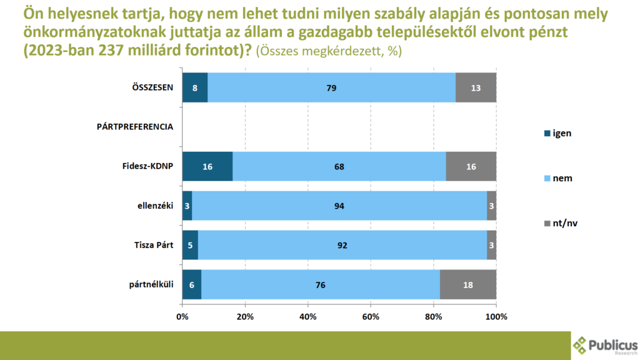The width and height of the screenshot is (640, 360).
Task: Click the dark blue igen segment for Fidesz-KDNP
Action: [x=207, y=166]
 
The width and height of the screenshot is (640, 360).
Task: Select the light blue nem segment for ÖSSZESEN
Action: [x=331, y=87]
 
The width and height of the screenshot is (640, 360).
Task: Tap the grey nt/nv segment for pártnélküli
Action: [x=468, y=284]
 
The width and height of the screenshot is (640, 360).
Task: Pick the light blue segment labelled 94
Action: [x=339, y=206]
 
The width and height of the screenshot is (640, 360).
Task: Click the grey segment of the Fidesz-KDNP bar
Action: [x=471, y=166]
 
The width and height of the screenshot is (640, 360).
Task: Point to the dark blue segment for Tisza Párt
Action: [x=190, y=245]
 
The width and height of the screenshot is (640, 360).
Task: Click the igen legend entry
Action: [x=558, y=132]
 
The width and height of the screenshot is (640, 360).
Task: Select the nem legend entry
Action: [x=558, y=178]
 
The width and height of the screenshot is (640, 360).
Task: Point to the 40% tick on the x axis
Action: [x=308, y=316]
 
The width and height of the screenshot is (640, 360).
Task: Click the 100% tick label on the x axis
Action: [x=496, y=316]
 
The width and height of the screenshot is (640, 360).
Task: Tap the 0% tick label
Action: [x=182, y=316]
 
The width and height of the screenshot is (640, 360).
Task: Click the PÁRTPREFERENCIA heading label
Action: [x=135, y=127]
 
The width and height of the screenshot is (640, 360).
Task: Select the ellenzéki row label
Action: [x=155, y=206]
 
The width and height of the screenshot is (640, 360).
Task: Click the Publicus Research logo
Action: [x=604, y=344]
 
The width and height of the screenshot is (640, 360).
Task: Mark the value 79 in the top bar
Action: [x=331, y=87]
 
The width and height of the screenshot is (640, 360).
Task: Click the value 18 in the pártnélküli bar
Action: [x=468, y=284]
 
